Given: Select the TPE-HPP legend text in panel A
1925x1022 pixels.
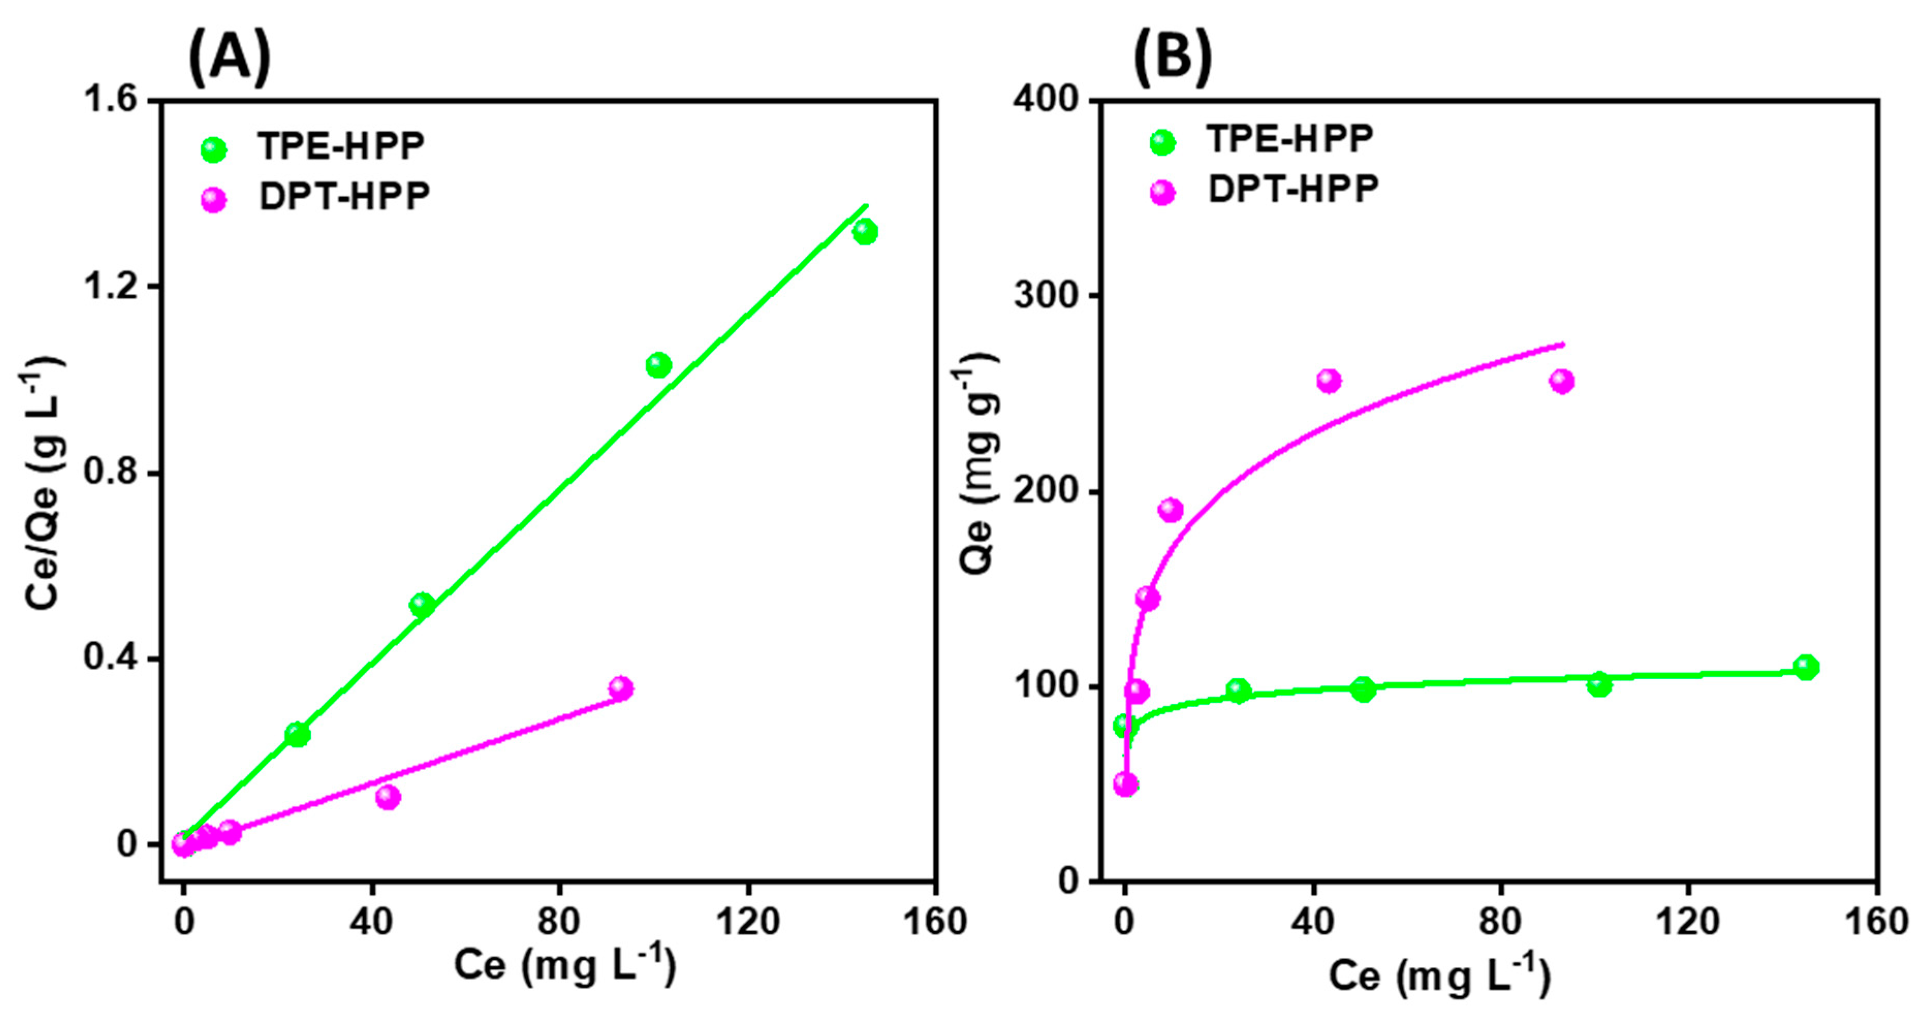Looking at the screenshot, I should (x=341, y=147).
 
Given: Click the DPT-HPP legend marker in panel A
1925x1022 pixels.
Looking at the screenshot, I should (x=214, y=199).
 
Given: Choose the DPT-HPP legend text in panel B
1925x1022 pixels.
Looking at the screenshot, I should (x=1293, y=189).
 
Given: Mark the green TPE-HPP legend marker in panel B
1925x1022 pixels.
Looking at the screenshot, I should (x=1162, y=142).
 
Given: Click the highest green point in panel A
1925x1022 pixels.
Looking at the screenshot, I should (x=864, y=232).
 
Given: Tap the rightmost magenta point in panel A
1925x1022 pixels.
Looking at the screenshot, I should (x=620, y=688).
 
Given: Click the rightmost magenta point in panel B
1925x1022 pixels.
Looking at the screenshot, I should (x=1561, y=381).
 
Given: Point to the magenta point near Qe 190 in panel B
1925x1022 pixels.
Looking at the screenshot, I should (x=1170, y=510).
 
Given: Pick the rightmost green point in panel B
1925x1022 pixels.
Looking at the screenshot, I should (x=1806, y=667).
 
